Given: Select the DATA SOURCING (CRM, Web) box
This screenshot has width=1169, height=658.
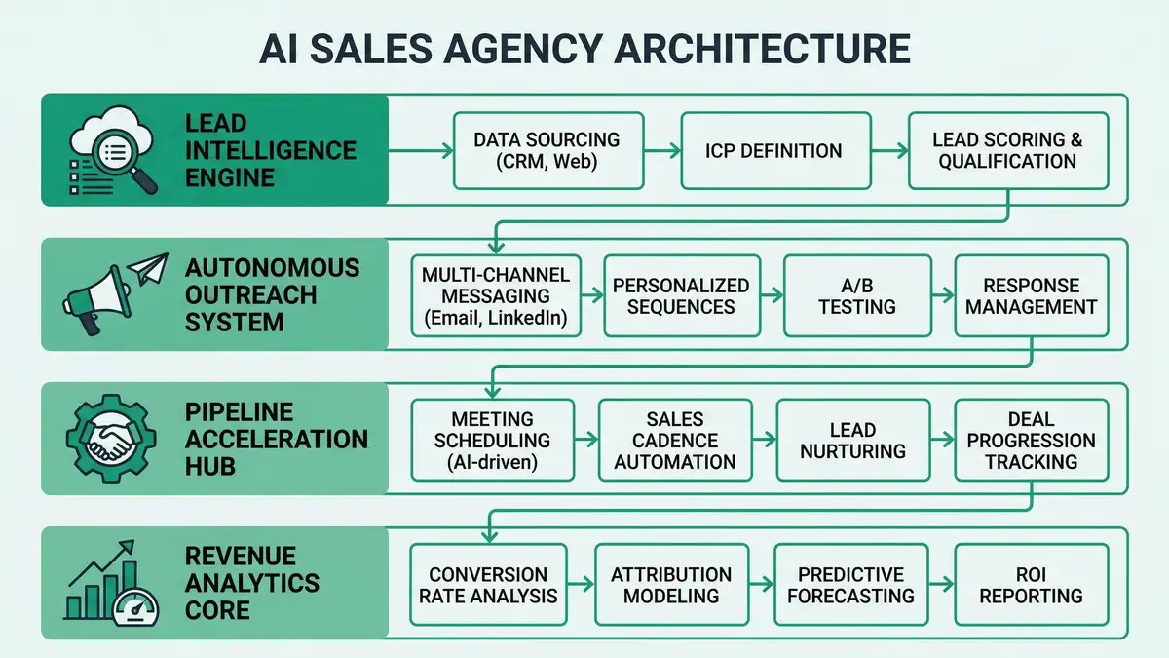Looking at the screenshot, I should click(x=546, y=150).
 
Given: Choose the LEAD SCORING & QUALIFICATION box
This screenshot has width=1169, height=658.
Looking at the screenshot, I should click(x=1007, y=150).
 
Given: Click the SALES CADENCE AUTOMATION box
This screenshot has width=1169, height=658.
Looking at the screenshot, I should click(x=674, y=439).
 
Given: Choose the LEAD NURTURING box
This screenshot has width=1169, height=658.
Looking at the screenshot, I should click(x=853, y=439).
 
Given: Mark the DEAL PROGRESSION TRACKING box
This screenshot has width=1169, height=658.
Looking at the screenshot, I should click(x=1031, y=439).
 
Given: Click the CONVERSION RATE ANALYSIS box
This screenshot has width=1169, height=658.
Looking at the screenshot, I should click(x=488, y=584).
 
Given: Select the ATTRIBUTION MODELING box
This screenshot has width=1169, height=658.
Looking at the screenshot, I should click(x=671, y=584).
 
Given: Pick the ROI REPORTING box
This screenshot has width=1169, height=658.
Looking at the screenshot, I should click(x=1031, y=584).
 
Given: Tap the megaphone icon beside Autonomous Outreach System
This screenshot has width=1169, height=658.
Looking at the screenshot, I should click(x=93, y=297).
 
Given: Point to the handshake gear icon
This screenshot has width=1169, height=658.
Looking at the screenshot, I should click(x=109, y=441).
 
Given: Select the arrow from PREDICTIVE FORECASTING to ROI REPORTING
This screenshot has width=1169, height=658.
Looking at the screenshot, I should click(x=941, y=584).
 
